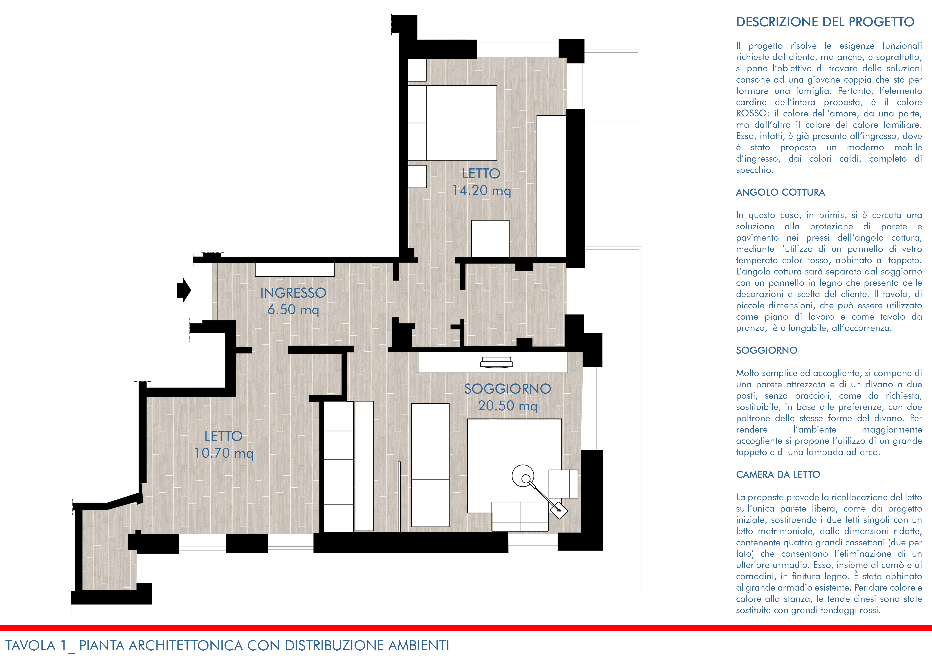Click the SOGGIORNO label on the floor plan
point(507,389)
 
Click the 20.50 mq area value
point(508,406)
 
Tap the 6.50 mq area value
point(293,310)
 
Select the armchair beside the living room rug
point(563,484)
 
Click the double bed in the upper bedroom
point(452,123)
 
